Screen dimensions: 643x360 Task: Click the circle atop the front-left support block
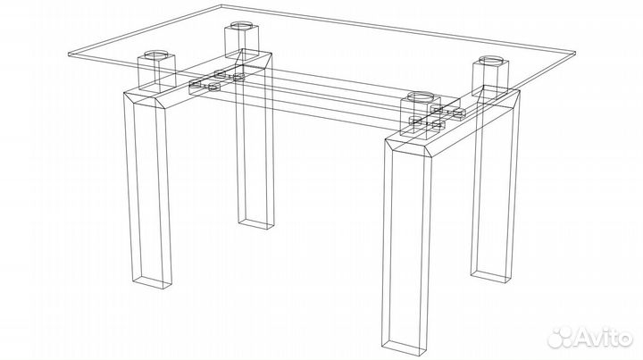click(156, 54)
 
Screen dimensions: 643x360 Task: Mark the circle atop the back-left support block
click(241, 25)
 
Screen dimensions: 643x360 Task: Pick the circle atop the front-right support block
click(420, 97)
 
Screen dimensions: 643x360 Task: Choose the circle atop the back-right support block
click(490, 61)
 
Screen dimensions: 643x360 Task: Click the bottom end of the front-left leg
click(152, 282)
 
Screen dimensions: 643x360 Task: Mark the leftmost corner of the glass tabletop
click(68, 54)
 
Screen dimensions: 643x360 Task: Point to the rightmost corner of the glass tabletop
click(575, 53)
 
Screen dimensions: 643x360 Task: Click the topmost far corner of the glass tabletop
click(221, 5)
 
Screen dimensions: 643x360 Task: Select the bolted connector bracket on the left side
click(216, 80)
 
